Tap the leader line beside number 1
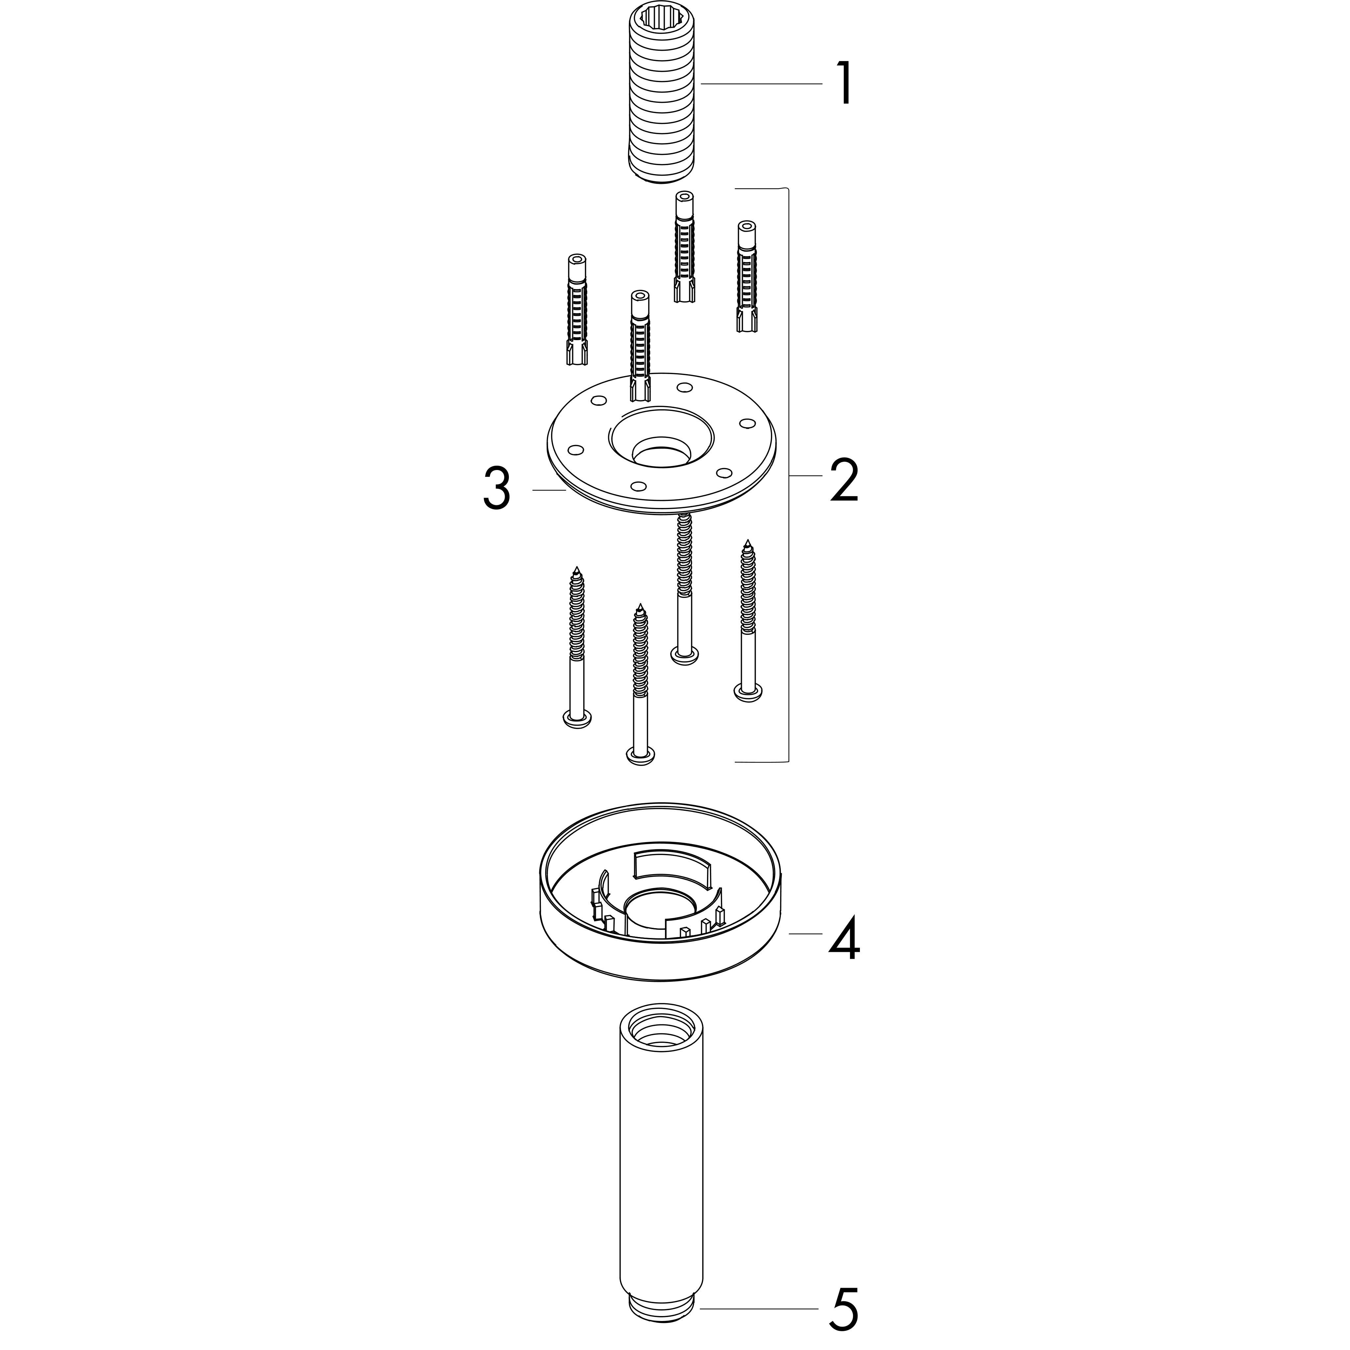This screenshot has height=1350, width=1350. [x=762, y=84]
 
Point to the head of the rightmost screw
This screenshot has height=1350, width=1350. [x=748, y=691]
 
